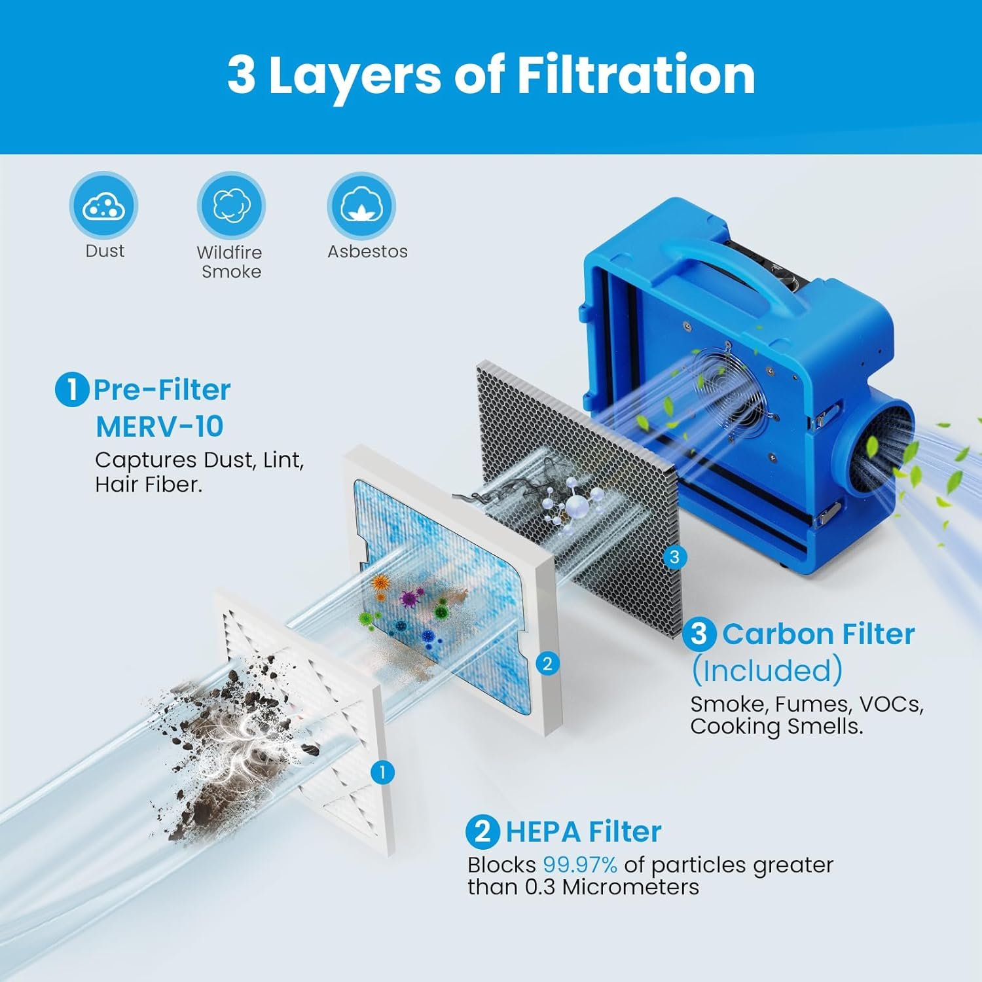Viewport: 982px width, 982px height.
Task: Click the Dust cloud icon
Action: pyautogui.click(x=104, y=205)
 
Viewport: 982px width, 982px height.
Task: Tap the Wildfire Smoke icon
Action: pyautogui.click(x=231, y=205)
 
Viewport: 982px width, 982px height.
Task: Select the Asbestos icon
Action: pyautogui.click(x=361, y=205)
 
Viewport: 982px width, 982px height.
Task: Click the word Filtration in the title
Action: pyautogui.click(x=636, y=75)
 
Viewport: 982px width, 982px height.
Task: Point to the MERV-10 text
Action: pyautogui.click(x=160, y=427)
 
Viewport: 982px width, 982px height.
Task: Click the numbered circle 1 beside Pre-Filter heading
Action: pyautogui.click(x=71, y=390)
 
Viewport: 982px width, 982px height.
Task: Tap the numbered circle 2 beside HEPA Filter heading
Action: pyautogui.click(x=482, y=832)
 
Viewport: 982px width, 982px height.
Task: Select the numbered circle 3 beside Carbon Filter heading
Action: pyautogui.click(x=699, y=634)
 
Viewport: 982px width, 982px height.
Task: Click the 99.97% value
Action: pyautogui.click(x=580, y=865)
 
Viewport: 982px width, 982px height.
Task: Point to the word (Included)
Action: pyautogui.click(x=767, y=670)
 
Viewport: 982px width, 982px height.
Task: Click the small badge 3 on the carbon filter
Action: pyautogui.click(x=674, y=557)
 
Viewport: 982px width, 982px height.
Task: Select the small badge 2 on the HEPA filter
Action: pyautogui.click(x=547, y=664)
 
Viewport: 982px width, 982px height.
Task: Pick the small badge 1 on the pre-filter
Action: pyautogui.click(x=382, y=773)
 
